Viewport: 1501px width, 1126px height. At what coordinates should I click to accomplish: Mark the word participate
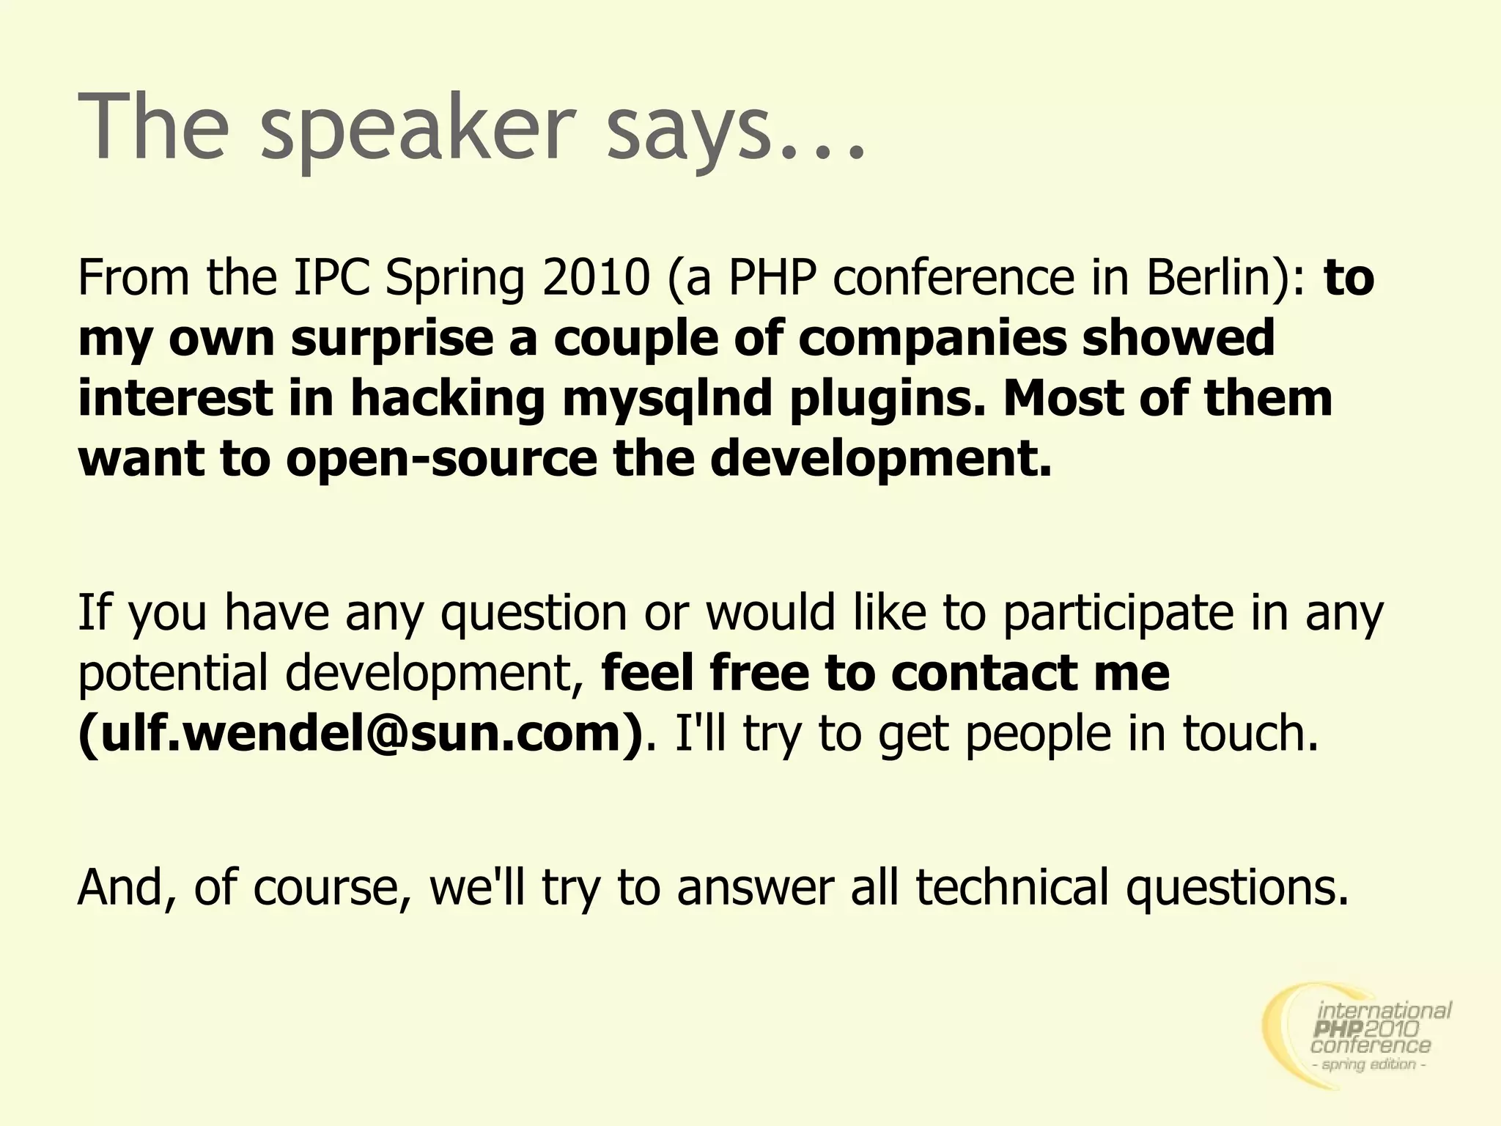click(x=1118, y=613)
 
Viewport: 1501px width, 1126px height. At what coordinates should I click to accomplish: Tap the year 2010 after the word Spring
click(x=596, y=278)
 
